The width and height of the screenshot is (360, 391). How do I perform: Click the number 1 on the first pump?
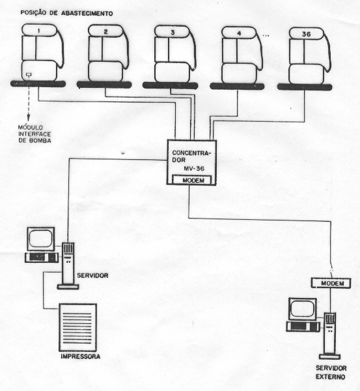(38, 31)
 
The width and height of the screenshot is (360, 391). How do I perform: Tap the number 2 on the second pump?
(105, 32)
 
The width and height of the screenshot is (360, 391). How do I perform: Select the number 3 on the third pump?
(173, 33)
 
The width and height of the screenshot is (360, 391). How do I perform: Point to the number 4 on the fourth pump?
(240, 33)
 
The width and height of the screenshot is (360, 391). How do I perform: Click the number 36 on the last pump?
(307, 34)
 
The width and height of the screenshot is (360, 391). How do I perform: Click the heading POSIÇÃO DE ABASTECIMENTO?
(66, 13)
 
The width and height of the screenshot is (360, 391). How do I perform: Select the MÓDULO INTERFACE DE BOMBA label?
(35, 134)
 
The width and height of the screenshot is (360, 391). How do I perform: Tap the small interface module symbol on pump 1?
(29, 75)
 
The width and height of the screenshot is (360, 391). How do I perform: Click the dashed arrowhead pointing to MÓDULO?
(29, 117)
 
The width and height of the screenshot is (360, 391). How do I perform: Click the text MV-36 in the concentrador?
(194, 169)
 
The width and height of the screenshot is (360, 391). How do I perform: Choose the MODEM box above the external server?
(331, 283)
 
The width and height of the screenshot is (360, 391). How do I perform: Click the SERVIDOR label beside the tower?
(92, 276)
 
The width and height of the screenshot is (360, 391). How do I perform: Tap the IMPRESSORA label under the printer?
(81, 357)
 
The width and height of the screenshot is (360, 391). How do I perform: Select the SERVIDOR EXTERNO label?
(331, 372)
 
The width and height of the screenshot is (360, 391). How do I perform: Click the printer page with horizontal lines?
(77, 327)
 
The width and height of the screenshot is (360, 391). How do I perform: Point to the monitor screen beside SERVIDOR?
(40, 238)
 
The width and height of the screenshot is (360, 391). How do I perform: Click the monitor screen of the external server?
(302, 309)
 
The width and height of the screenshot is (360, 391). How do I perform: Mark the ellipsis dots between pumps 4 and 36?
(266, 36)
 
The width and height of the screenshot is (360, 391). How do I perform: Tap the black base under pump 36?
(305, 87)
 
